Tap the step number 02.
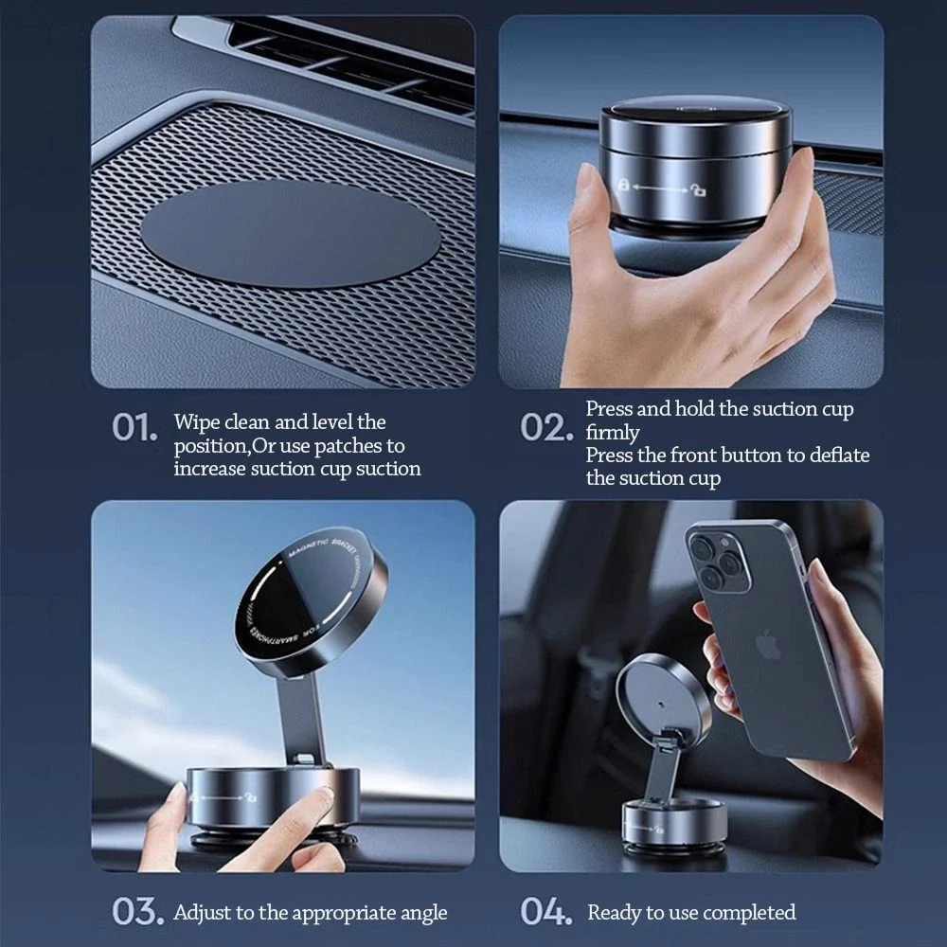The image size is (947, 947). (x=546, y=428)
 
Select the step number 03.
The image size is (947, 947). (x=136, y=912)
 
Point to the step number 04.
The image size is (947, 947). (x=546, y=912)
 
